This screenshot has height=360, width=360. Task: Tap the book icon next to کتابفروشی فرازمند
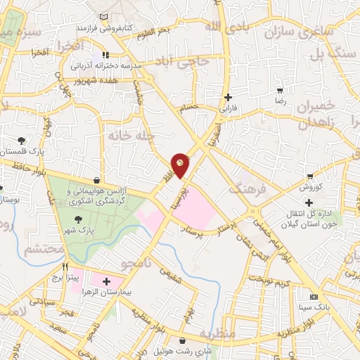click(x=105, y=17)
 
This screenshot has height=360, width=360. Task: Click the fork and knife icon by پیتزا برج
click(x=65, y=267)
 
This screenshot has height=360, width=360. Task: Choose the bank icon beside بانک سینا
click(x=314, y=296)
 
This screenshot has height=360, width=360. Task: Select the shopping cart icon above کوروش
click(x=310, y=176)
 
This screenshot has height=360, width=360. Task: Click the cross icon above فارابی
click(x=226, y=98)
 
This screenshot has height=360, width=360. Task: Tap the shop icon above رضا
click(x=281, y=90)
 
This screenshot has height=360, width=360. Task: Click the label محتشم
click(x=41, y=250)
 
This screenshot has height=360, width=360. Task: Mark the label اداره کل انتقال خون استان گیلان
click(x=309, y=216)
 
